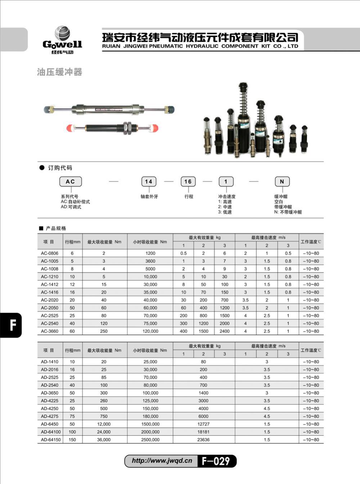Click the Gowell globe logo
tap(62, 33)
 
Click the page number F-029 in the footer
tap(216, 461)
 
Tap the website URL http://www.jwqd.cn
tap(162, 461)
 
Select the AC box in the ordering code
tap(70, 181)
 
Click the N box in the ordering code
tap(282, 181)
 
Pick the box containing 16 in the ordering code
tap(188, 181)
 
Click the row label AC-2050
tap(50, 308)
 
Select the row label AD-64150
tap(51, 440)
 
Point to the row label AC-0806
tap(50, 253)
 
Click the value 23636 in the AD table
tap(203, 440)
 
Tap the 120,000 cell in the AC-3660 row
tap(150, 331)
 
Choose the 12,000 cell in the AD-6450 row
tap(104, 424)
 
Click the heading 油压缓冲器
tap(59, 72)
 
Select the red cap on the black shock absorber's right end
tap(154, 127)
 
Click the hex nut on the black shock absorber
tap(126, 127)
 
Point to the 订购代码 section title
tap(60, 168)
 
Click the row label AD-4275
tap(50, 416)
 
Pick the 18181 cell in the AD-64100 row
tap(203, 432)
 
